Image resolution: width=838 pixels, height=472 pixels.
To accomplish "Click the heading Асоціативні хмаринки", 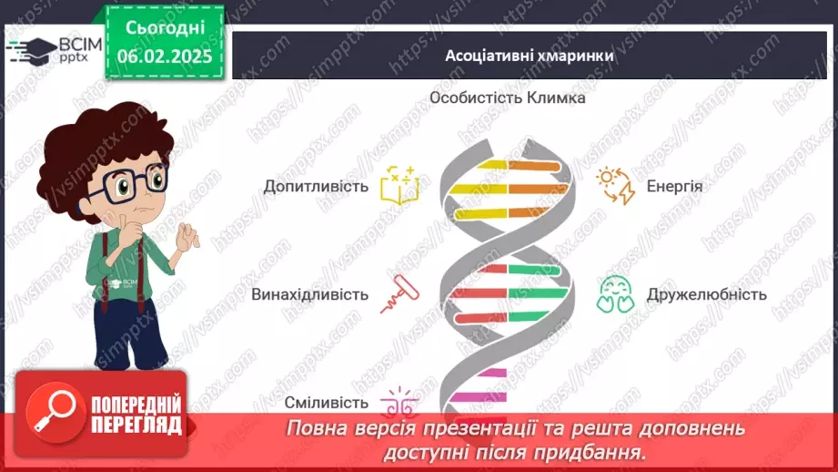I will pyautogui.click(x=529, y=56).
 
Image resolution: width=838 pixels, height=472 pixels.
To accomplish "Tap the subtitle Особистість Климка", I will pyautogui.click(x=507, y=97).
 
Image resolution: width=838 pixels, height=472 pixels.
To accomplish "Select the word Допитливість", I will pyautogui.click(x=316, y=187).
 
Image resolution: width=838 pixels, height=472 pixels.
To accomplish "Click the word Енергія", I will pyautogui.click(x=674, y=187).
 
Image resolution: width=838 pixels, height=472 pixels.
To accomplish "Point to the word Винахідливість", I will pyautogui.click(x=310, y=294).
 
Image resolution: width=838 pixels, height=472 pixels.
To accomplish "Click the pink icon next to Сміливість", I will pyautogui.click(x=397, y=402).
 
